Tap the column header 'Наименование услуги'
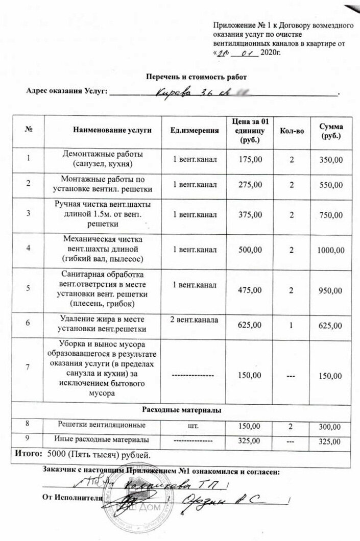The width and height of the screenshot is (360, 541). click(112, 131)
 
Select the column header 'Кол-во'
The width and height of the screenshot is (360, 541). click(293, 131)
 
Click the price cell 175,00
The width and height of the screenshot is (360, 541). click(251, 160)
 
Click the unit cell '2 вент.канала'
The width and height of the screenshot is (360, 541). click(195, 320)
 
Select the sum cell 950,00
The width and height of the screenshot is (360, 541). click(330, 290)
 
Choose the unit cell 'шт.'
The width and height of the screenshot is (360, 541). click(195, 425)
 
